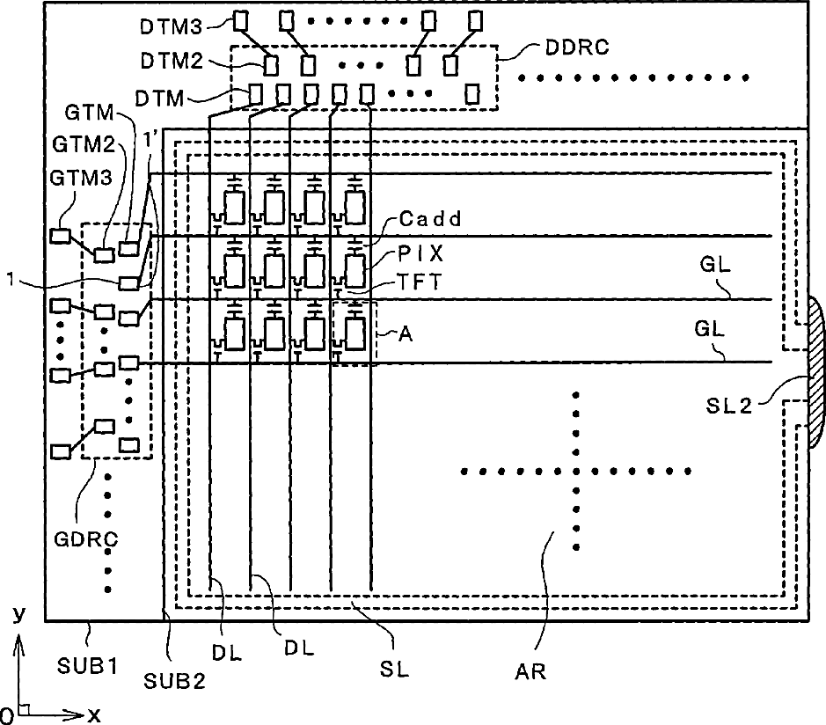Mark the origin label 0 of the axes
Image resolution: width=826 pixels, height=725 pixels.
click(x=7, y=712)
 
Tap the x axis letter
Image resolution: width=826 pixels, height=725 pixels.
click(x=93, y=715)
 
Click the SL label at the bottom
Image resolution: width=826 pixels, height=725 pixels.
click(x=395, y=669)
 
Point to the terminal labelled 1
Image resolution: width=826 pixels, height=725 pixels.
click(x=129, y=282)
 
